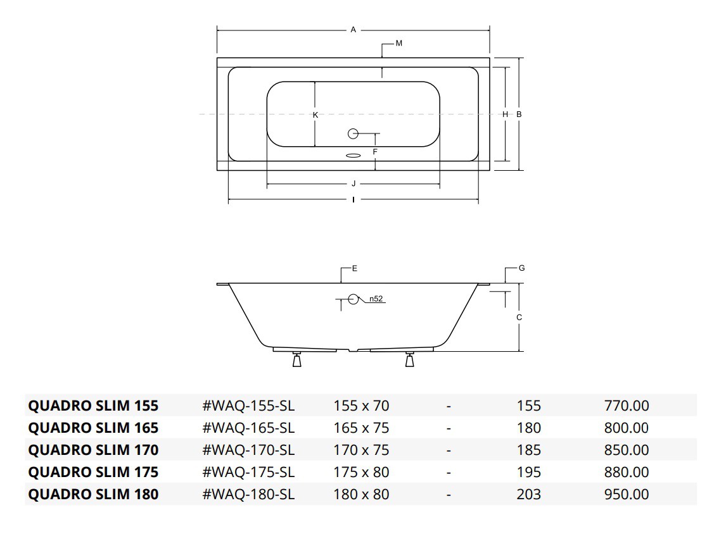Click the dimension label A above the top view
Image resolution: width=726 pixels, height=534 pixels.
[353, 30]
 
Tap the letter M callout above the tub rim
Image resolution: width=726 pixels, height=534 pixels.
[398, 44]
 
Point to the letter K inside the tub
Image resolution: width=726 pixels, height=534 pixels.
[315, 115]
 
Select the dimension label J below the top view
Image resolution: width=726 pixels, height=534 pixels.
[353, 184]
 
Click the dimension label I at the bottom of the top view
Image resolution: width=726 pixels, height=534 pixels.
[353, 200]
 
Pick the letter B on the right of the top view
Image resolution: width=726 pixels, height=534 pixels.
[519, 114]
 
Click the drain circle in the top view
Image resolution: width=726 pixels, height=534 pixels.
[353, 133]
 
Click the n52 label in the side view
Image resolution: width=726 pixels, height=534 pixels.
[376, 299]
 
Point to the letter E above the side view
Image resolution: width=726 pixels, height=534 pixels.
[355, 269]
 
